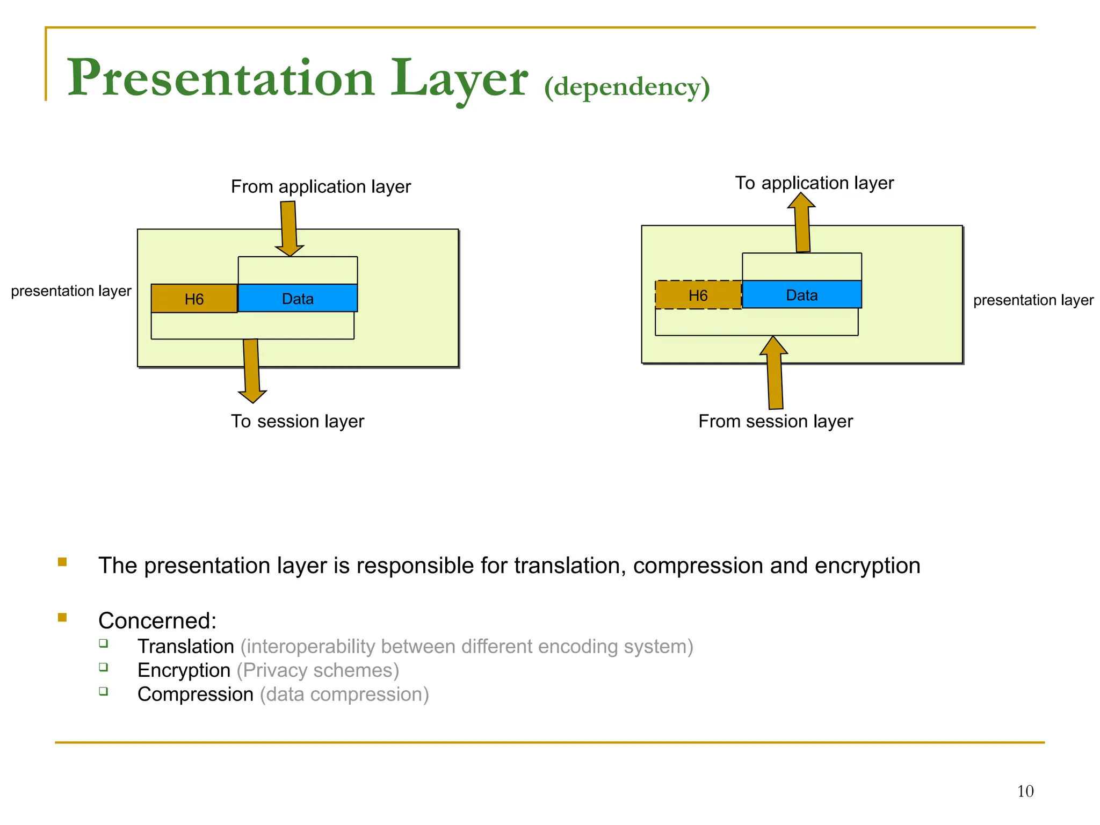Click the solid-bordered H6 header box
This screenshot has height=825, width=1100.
tap(194, 299)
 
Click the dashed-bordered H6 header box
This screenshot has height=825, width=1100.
tap(698, 295)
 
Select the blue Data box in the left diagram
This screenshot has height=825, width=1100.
tap(298, 298)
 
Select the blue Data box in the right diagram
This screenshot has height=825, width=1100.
tap(801, 294)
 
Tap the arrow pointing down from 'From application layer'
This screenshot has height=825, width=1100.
tap(289, 227)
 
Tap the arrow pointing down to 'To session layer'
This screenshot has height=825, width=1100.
tap(251, 370)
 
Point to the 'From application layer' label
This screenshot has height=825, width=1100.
tap(321, 186)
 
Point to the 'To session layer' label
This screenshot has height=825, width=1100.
tap(297, 421)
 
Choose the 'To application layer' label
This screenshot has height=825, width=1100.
tap(814, 183)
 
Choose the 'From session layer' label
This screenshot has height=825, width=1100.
tap(775, 421)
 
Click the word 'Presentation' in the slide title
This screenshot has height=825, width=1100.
tap(221, 79)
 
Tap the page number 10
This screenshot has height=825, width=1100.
tap(1025, 791)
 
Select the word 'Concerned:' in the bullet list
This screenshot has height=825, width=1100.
tap(157, 621)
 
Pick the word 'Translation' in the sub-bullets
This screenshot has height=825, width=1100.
tap(186, 646)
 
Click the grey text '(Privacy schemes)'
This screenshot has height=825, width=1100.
tap(317, 670)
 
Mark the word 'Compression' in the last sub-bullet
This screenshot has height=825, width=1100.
tap(196, 694)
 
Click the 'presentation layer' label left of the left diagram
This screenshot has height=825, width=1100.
tap(71, 291)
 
